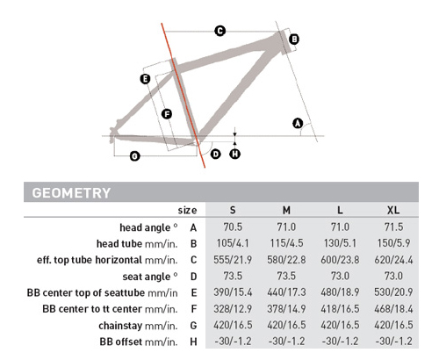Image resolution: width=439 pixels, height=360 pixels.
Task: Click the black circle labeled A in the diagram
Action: [x=298, y=123]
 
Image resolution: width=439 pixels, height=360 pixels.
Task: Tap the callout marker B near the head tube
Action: [x=294, y=40]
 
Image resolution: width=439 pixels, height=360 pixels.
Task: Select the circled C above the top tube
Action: [x=220, y=31]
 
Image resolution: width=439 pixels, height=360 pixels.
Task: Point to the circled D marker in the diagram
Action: [x=216, y=154]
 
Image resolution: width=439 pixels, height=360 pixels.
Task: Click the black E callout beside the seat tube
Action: [x=145, y=79]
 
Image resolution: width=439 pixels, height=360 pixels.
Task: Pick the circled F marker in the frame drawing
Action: [x=167, y=114]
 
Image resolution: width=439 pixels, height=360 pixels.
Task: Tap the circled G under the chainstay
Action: [x=134, y=156]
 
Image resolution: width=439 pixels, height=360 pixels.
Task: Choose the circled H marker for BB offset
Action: [x=235, y=154]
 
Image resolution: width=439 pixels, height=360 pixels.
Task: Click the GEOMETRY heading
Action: [x=71, y=193]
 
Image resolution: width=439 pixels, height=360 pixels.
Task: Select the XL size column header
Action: [x=393, y=210]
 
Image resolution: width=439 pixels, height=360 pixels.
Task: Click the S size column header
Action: [x=233, y=210]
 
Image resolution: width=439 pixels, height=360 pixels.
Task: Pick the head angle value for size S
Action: [x=233, y=227]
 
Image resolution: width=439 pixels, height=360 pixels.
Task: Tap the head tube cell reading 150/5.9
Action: [x=393, y=243]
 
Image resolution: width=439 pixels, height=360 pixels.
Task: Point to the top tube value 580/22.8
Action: [x=286, y=260]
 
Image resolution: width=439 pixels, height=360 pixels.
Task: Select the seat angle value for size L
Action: [x=340, y=276]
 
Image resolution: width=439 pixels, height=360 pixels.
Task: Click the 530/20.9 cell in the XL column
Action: [x=393, y=292]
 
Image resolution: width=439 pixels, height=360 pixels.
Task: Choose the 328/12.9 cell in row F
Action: [x=233, y=309]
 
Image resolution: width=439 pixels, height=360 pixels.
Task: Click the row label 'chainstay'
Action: [x=120, y=326]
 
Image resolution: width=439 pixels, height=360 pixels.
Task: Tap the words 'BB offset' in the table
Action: [x=121, y=342]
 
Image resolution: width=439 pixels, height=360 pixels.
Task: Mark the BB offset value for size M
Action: [x=286, y=342]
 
